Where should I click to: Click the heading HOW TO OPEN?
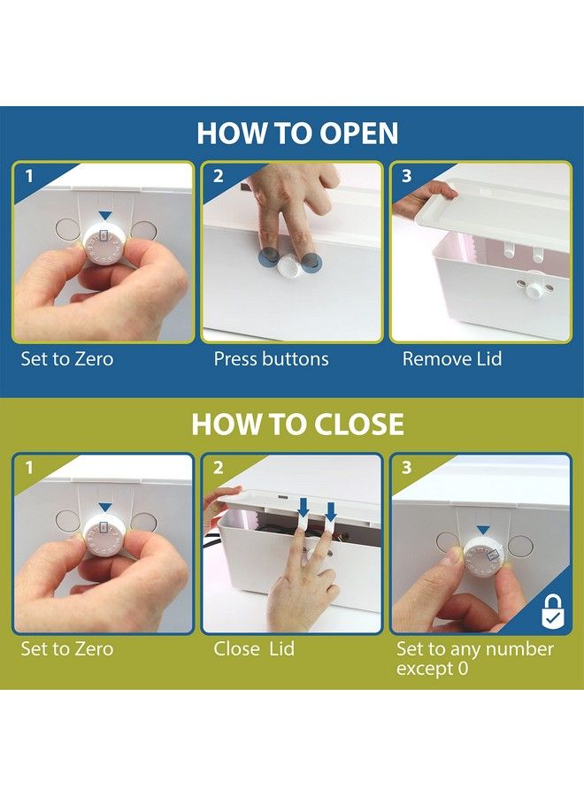(297, 133)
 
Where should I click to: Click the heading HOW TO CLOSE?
(297, 425)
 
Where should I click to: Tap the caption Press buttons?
(271, 359)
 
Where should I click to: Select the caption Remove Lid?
(452, 359)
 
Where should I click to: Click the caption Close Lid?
(254, 649)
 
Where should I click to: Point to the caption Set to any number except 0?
(475, 658)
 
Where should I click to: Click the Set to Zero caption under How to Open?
(67, 359)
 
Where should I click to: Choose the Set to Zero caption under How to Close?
(67, 649)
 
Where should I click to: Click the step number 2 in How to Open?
(218, 176)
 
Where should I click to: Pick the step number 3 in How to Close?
(406, 468)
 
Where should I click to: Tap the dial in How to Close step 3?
(483, 557)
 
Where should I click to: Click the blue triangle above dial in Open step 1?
(104, 216)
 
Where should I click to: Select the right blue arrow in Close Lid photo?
(331, 512)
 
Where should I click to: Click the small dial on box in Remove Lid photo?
(533, 290)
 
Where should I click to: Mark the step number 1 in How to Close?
(29, 468)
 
